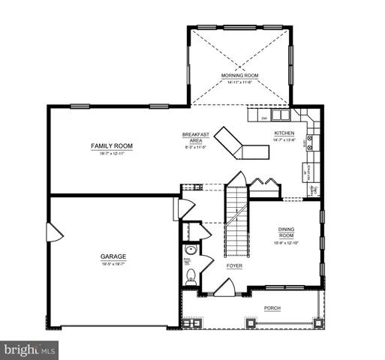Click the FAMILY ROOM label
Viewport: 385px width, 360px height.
click(x=111, y=145)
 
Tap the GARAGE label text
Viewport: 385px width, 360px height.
click(x=113, y=256)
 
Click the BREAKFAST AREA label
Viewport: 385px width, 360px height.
click(x=194, y=136)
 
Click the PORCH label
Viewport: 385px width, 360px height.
click(x=260, y=307)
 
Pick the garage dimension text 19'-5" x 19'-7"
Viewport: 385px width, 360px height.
click(x=113, y=264)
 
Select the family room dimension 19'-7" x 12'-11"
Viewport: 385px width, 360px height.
click(x=111, y=154)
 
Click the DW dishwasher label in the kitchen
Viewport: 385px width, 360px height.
click(x=263, y=118)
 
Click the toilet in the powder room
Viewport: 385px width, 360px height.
click(x=191, y=274)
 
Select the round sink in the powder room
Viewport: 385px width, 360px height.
click(x=191, y=250)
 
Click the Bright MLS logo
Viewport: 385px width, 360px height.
click(x=30, y=349)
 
